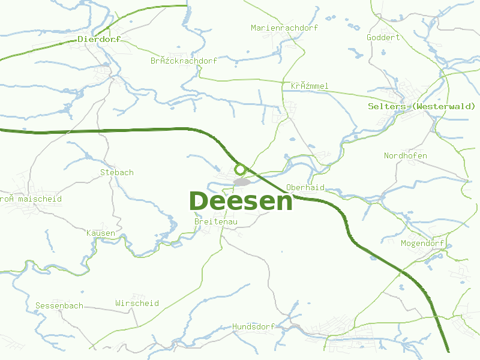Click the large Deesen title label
241,201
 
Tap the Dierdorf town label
99,39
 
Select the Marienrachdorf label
284,28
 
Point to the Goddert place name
383,37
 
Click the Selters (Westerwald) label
421,106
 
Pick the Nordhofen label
406,156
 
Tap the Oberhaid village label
305,187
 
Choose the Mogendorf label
422,243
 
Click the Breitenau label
216,222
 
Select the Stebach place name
116,172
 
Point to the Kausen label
100,233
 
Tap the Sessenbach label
59,305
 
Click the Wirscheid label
137,303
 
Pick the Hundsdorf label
253,326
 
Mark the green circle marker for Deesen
241,169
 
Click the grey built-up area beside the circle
242,182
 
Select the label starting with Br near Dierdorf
184,61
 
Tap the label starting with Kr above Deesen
310,86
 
